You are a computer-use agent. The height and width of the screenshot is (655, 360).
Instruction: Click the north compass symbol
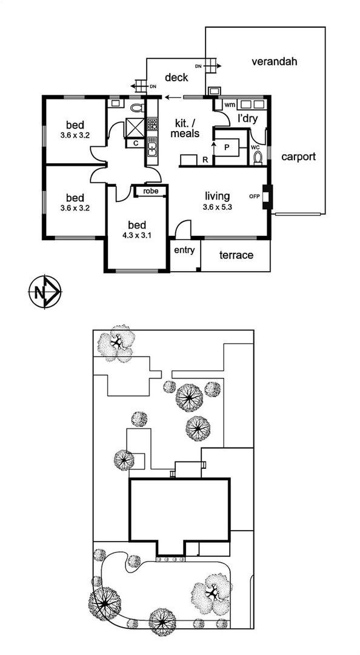[45, 292]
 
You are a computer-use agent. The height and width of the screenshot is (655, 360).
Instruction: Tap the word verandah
[275, 62]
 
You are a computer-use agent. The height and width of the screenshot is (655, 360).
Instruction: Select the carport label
[298, 157]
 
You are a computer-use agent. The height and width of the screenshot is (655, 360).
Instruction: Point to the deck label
[176, 77]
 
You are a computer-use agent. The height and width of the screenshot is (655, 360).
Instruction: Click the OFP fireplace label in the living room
[254, 196]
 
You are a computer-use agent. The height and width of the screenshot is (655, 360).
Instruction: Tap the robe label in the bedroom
[150, 191]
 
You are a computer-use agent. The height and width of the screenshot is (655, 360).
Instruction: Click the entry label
[185, 250]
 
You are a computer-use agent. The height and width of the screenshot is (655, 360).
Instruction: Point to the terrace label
[236, 255]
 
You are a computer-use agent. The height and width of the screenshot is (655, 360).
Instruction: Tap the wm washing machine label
[230, 104]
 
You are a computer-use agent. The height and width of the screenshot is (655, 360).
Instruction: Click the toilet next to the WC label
[258, 158]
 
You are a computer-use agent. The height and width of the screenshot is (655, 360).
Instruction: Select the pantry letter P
[227, 148]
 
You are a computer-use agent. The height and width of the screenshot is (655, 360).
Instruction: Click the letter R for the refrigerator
[205, 159]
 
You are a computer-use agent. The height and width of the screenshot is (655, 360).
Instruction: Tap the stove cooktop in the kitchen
[152, 124]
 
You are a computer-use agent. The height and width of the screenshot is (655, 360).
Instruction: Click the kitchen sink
[152, 147]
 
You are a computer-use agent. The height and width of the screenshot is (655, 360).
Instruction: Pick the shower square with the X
[135, 128]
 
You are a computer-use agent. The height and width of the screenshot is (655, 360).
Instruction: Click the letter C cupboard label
[135, 143]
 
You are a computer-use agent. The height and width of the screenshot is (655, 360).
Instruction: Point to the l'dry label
[247, 118]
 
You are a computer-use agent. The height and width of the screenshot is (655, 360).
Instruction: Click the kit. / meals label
[187, 128]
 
